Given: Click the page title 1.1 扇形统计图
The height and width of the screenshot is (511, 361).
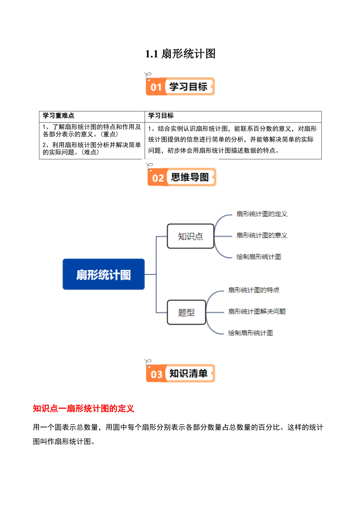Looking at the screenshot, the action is point(180,54).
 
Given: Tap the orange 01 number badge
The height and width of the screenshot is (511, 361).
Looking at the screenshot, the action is point(156,87).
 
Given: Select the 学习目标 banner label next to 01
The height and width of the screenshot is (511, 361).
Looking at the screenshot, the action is point(188,87).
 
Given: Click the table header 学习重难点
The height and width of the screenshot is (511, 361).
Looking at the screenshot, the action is point(58,116).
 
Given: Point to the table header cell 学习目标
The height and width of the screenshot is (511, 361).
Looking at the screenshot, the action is point(161,116).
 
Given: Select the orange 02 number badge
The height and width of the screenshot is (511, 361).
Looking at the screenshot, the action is point(158,178).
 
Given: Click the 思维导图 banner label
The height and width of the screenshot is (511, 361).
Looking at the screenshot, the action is point(190,177).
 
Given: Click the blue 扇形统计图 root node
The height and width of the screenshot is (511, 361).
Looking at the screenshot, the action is point(104,274).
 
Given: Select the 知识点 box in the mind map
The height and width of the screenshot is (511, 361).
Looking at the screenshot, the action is point(191,236).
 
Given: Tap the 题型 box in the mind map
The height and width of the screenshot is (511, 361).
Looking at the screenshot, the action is point(186,312).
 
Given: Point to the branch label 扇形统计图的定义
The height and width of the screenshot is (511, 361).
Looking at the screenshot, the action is point(262,214).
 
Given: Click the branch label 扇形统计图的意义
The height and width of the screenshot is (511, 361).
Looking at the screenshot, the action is point(262,235).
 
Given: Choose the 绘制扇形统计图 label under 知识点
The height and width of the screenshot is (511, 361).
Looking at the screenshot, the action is point(259,257).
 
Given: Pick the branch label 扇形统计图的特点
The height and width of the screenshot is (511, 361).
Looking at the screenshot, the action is point(254,290).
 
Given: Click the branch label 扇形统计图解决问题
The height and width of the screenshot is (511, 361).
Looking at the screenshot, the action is point(257,311).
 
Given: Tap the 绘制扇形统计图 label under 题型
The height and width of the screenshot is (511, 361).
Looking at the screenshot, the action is point(250,333).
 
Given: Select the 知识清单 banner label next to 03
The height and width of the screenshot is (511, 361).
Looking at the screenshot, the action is point(188,373).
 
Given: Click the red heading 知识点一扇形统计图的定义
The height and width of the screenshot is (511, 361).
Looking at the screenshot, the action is point(83,408).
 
